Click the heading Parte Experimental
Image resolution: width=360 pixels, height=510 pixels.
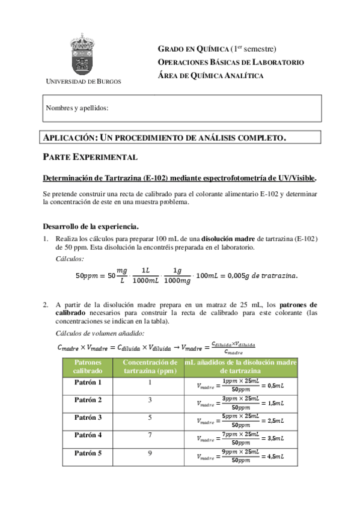pyautogui.click(x=91, y=157)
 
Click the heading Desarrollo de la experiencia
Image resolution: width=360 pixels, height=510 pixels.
pyautogui.click(x=91, y=227)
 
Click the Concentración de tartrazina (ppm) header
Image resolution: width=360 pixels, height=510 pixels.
pyautogui.click(x=150, y=366)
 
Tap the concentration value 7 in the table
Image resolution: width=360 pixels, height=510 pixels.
pyautogui.click(x=150, y=435)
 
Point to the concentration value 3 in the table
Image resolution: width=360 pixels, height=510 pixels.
pyautogui.click(x=150, y=400)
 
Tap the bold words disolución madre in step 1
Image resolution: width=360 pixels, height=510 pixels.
pyautogui.click(x=230, y=239)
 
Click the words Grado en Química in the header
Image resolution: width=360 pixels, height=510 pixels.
pyautogui.click(x=192, y=49)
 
